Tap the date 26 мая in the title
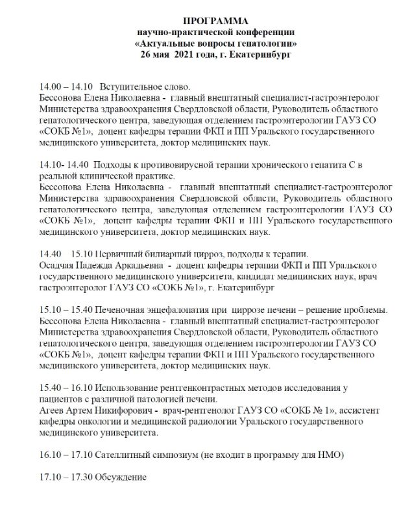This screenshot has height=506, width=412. click(x=158, y=55)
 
